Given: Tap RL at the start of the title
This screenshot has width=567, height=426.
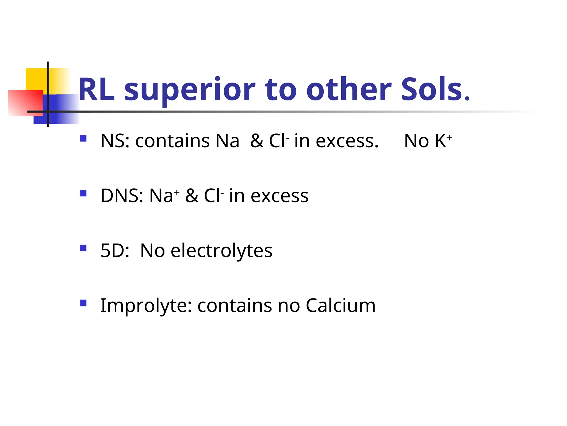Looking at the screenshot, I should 96,90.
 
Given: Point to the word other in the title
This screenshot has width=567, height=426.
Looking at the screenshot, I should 349,89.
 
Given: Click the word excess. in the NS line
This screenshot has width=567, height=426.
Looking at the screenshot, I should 347,141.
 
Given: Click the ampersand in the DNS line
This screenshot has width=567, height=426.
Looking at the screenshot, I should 192,196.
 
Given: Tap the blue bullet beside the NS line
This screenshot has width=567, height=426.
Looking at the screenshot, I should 83,138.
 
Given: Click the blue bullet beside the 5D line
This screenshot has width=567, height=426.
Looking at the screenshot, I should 83,248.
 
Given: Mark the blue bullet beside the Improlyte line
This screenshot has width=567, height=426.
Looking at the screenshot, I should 83,303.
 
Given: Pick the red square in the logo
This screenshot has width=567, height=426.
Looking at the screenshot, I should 25,103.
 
